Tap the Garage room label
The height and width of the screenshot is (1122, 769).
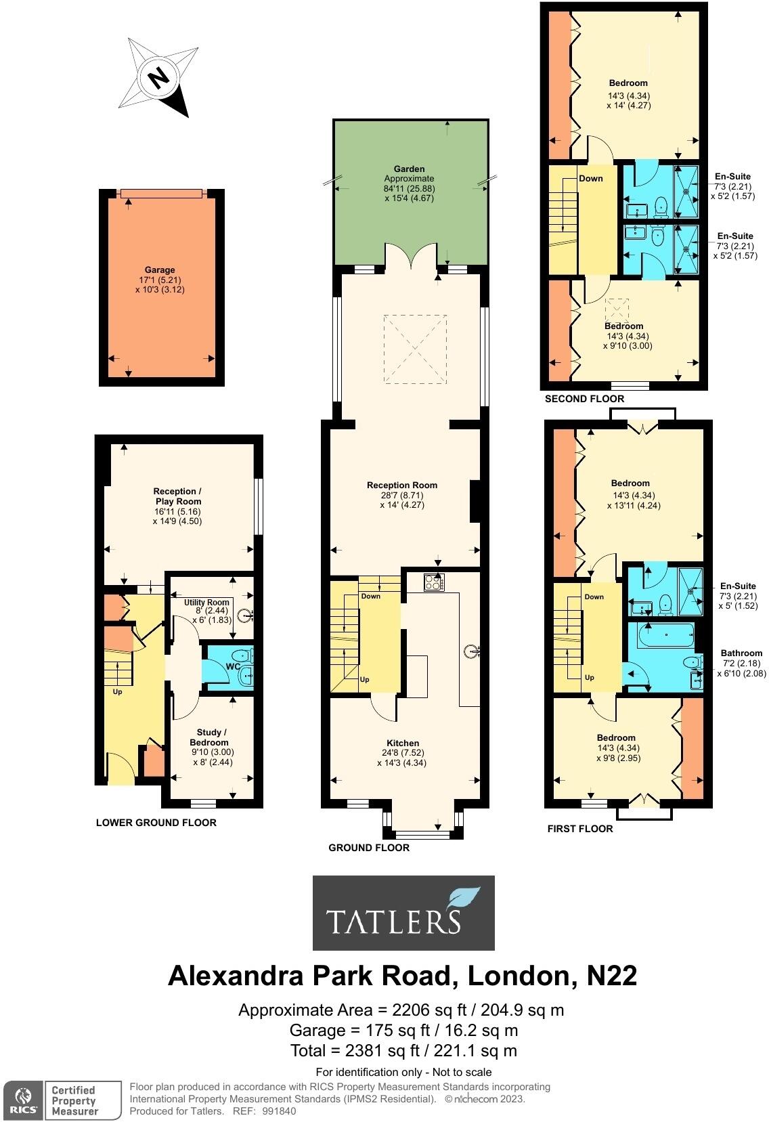[159, 269]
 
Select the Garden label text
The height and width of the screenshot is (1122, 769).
[410, 169]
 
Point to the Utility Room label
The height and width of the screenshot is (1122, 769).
[207, 602]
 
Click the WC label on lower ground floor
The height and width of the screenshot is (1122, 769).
[233, 667]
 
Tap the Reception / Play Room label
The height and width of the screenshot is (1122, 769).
[177, 496]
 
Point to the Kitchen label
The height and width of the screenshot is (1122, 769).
[403, 743]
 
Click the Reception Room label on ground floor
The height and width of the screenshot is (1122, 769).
[402, 485]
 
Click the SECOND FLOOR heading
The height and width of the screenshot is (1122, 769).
[584, 399]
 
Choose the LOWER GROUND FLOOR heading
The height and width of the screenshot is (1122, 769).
[156, 823]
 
